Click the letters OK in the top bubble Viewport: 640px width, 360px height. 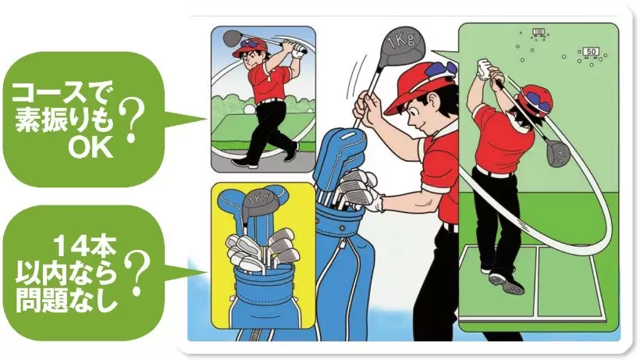[x=91, y=148]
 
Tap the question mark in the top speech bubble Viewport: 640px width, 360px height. [x=132, y=122]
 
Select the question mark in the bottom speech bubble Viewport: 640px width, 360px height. [x=137, y=273]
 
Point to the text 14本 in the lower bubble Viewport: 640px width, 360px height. [x=85, y=247]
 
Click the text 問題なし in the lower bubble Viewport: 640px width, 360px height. [x=66, y=300]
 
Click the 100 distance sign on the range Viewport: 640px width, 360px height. [x=539, y=32]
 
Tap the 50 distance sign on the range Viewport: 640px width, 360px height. [x=591, y=52]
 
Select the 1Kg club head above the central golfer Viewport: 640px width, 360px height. [x=401, y=43]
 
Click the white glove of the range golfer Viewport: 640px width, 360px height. [x=485, y=70]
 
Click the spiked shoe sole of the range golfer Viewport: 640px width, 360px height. [x=506, y=283]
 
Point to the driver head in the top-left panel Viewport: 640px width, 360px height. [x=233, y=38]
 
